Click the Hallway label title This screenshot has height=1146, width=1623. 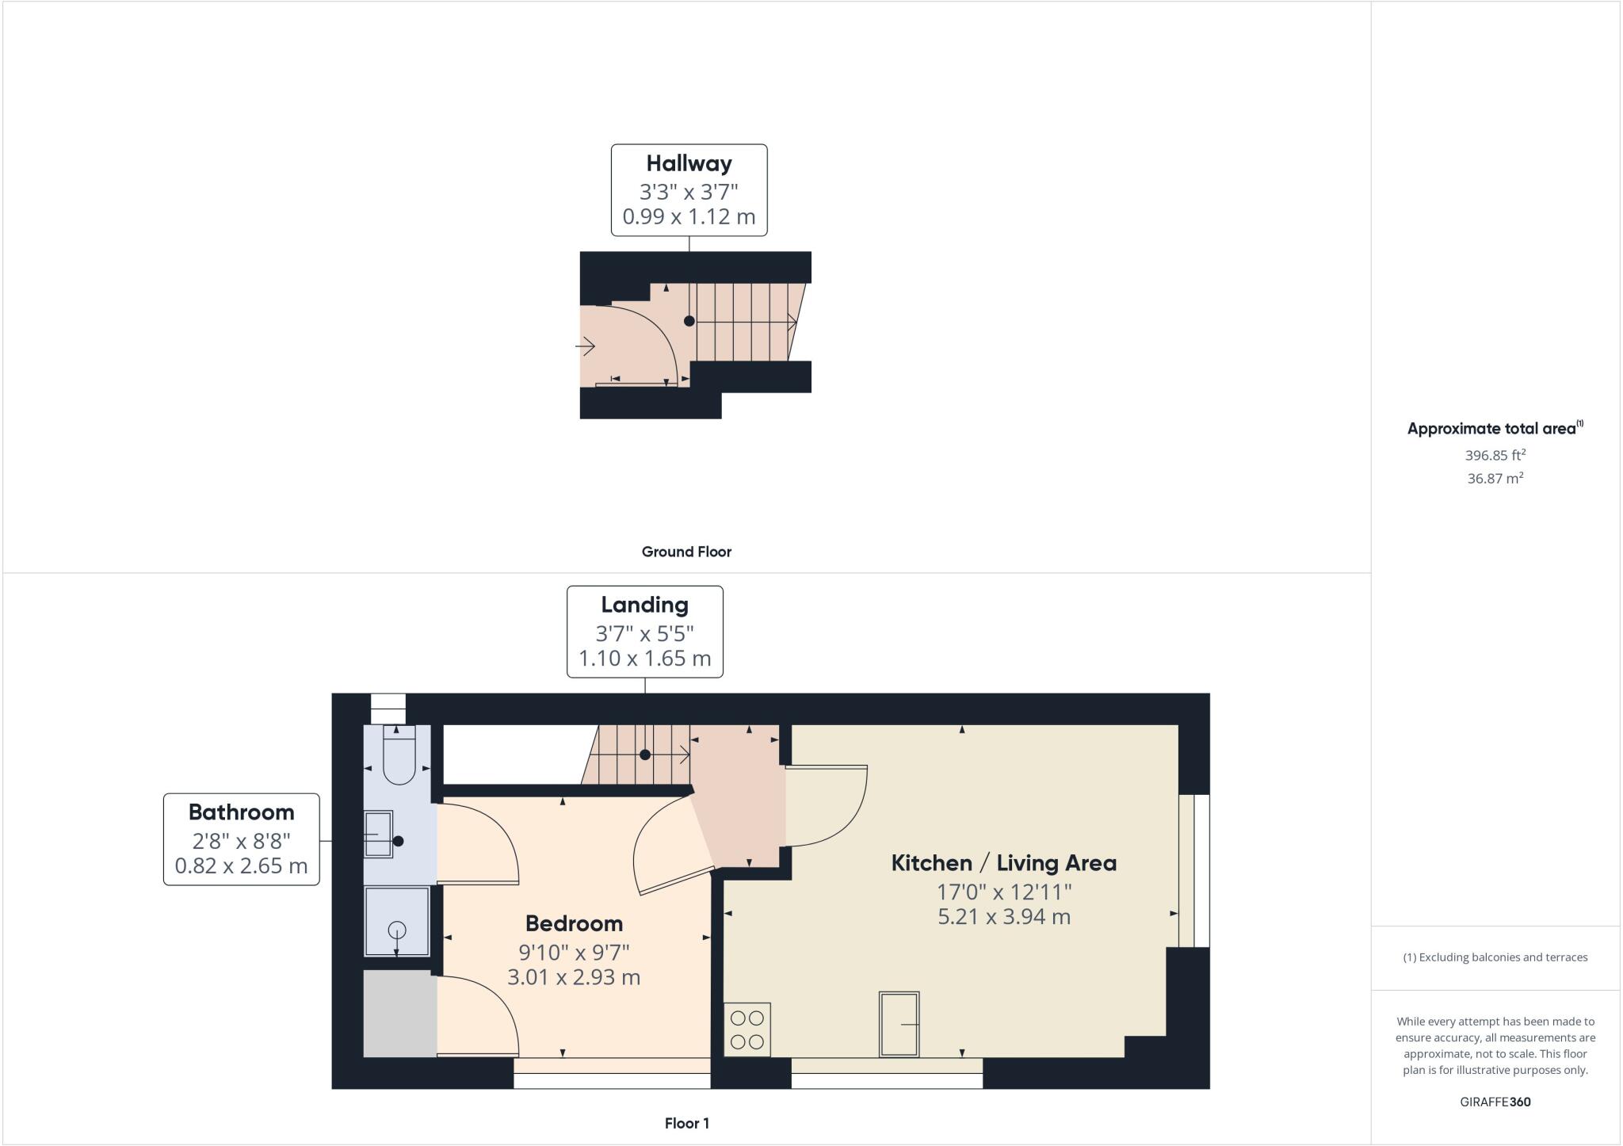pyautogui.click(x=689, y=164)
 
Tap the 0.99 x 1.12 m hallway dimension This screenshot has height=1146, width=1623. pyautogui.click(x=689, y=216)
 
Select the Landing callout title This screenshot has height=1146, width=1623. pyautogui.click(x=644, y=605)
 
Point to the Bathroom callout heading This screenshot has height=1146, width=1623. pyautogui.click(x=241, y=812)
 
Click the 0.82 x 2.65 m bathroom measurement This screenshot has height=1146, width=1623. pyautogui.click(x=241, y=865)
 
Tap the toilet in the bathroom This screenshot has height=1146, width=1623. pyautogui.click(x=399, y=757)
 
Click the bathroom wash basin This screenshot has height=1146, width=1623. pyautogui.click(x=378, y=834)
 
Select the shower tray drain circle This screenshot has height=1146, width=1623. pyautogui.click(x=397, y=930)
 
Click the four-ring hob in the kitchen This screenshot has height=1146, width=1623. pyautogui.click(x=747, y=1029)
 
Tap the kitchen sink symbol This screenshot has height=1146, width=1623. pyautogui.click(x=899, y=1024)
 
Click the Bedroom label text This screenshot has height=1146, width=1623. pyautogui.click(x=574, y=924)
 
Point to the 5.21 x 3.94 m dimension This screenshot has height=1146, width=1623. pyautogui.click(x=1004, y=917)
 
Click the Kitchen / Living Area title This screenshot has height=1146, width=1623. pyautogui.click(x=1004, y=863)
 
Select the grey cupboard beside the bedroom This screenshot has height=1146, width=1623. pyautogui.click(x=399, y=1014)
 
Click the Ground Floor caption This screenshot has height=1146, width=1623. pyautogui.click(x=686, y=552)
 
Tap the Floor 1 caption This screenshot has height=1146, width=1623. pyautogui.click(x=686, y=1123)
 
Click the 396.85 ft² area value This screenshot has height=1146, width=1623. pyautogui.click(x=1495, y=456)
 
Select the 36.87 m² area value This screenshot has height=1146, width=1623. pyautogui.click(x=1495, y=479)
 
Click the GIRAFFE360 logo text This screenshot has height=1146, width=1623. pyautogui.click(x=1495, y=1102)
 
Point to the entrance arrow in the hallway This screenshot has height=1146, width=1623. pyautogui.click(x=586, y=346)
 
